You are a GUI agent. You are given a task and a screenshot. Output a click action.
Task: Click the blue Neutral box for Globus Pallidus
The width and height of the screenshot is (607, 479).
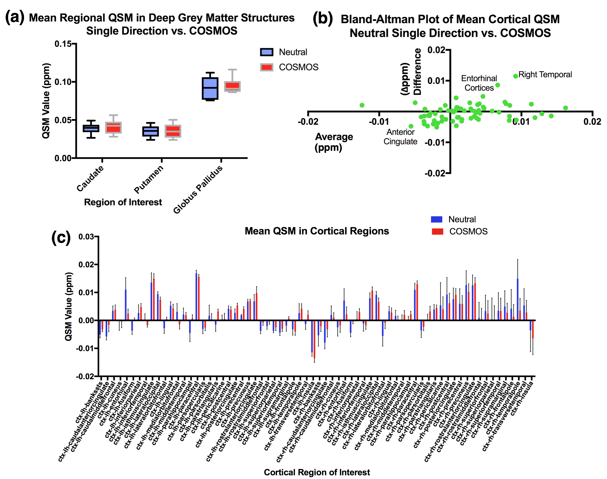pos(210,88)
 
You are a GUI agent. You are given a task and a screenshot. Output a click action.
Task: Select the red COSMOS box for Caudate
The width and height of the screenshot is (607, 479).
pos(113,128)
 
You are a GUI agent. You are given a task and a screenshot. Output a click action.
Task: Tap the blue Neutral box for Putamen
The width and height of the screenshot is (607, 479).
pos(150,131)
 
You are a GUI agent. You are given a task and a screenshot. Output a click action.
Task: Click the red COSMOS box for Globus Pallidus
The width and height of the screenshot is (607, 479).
pos(232,86)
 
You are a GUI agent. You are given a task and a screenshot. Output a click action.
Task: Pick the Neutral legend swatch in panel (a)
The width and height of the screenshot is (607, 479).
pos(266,52)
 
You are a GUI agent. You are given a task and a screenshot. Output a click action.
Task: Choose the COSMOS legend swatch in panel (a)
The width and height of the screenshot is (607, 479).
pos(266,67)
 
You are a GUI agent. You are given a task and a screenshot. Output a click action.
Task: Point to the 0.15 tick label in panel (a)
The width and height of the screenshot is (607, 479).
pos(63,44)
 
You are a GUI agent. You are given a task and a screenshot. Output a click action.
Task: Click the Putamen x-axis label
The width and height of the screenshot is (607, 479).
pos(149,179)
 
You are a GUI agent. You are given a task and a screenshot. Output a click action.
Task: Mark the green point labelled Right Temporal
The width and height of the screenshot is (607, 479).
pos(515,76)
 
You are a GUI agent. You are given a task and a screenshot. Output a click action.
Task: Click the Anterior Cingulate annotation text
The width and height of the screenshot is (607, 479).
pos(400,137)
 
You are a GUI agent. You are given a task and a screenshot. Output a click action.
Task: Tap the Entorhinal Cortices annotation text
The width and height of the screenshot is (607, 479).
pos(479,83)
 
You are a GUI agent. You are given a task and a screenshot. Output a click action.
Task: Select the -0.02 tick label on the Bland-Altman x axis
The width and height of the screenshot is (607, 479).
pos(308,122)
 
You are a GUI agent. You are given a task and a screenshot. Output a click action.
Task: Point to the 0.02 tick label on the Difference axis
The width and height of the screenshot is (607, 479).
pos(436,50)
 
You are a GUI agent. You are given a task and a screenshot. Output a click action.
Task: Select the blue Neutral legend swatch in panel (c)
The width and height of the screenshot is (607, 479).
pos(436,219)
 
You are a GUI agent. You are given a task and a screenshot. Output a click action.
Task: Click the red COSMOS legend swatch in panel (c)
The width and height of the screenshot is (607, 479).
pos(437,231)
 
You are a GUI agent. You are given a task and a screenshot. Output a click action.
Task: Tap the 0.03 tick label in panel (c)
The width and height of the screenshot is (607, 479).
pos(86,237)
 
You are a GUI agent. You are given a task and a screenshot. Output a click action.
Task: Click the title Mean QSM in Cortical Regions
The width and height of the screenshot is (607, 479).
pos(317,231)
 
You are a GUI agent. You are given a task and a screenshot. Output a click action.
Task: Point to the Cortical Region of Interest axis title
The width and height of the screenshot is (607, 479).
pos(317,472)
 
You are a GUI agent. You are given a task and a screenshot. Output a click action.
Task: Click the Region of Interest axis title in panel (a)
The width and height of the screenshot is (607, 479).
pos(123,202)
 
